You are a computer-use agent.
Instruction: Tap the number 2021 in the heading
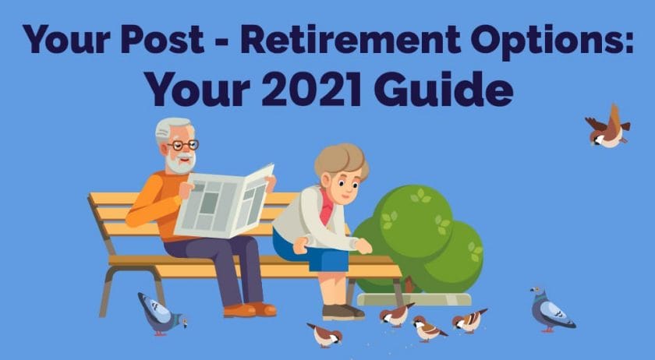[311, 89]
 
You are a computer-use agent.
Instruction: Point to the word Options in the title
[552, 41]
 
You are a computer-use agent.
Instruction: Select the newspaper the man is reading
[225, 201]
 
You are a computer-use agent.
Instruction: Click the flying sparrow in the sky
[608, 127]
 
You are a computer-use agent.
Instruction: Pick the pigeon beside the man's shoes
[161, 313]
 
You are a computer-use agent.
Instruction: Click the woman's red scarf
[327, 206]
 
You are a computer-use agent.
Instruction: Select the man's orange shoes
[250, 309]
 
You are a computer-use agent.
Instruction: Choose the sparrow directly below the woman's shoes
[325, 334]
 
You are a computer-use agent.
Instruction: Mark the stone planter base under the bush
[414, 299]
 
